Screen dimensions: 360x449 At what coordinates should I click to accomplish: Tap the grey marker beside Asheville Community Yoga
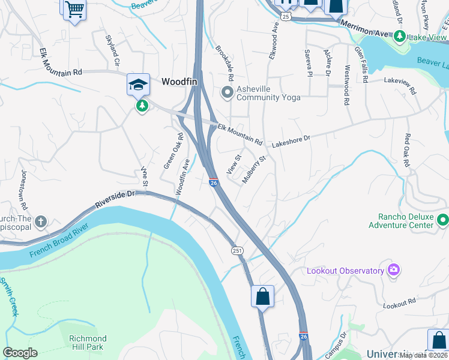coord(227,92)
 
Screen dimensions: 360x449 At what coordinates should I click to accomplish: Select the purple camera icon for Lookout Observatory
coord(394,269)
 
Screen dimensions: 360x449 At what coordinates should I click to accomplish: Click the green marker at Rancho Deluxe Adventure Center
coord(443,220)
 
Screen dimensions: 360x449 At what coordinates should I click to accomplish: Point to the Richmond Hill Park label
coord(88,343)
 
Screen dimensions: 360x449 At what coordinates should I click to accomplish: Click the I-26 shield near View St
coord(213,182)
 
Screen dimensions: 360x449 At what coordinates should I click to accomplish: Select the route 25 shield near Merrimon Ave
coord(286,17)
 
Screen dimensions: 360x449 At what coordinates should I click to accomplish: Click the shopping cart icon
coord(74,9)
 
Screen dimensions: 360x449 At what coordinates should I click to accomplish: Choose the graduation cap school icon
coord(138,85)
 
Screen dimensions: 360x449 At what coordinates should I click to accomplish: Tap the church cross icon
coord(41,222)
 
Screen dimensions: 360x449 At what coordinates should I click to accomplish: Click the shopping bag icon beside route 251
coord(262,296)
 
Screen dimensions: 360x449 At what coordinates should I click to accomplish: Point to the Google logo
coord(20,353)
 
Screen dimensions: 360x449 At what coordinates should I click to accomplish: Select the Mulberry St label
coord(253,170)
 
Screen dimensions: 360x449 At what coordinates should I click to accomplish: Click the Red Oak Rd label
coord(408,150)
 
